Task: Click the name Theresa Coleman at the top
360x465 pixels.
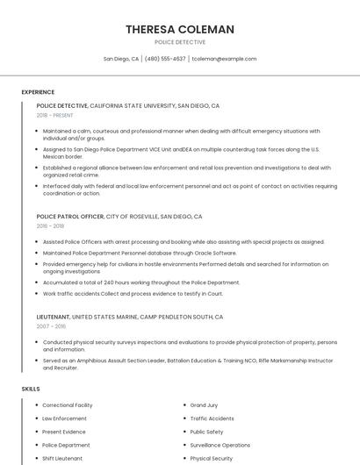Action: (180, 29)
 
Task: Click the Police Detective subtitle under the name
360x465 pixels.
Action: (180, 42)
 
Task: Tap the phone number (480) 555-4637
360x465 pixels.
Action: (165, 59)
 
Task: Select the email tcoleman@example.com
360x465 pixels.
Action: (224, 59)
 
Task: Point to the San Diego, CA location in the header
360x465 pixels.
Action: (121, 59)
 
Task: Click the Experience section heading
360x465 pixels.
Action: (38, 91)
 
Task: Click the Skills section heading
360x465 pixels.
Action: (31, 388)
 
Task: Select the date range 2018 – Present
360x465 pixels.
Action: (56, 115)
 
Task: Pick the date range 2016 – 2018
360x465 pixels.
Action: (50, 225)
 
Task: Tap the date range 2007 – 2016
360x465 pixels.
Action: (51, 325)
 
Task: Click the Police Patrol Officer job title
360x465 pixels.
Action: (70, 216)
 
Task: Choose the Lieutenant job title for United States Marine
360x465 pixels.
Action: (53, 316)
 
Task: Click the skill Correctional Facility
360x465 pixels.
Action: (68, 405)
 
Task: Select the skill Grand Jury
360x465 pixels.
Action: (204, 405)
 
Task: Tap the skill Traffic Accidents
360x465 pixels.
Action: (212, 418)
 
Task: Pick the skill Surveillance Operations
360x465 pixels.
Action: (220, 445)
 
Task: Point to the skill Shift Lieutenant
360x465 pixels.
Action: (62, 458)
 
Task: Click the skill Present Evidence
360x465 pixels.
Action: (64, 432)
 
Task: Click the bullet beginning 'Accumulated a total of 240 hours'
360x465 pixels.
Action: (140, 283)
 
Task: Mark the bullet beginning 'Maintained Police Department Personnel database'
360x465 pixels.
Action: (139, 253)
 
